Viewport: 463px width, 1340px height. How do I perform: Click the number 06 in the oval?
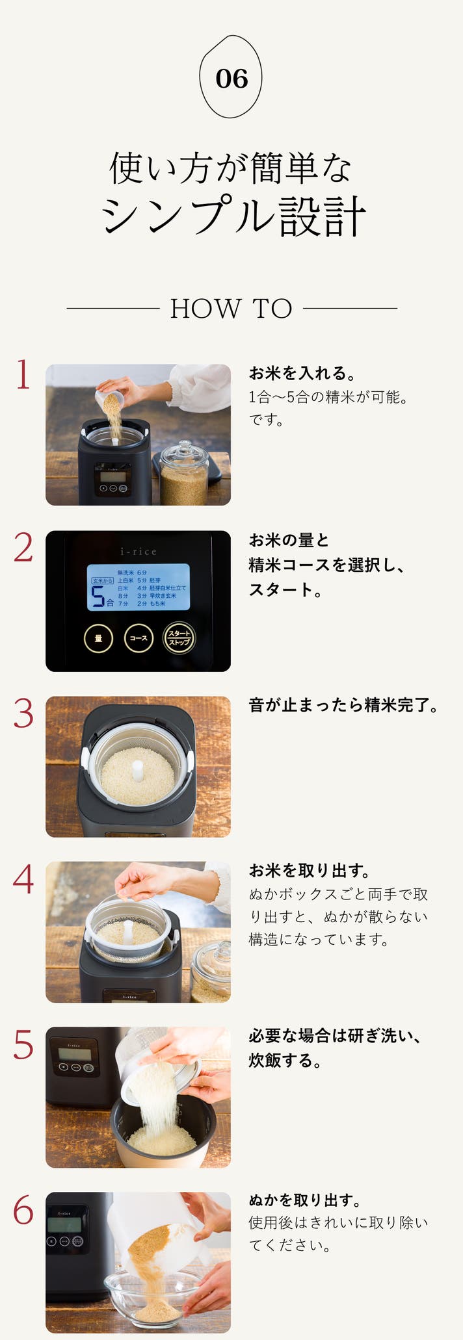click(231, 79)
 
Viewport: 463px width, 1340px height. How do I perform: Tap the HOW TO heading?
click(231, 309)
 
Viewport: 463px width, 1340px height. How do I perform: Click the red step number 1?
click(23, 375)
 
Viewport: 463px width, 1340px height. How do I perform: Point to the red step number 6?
click(23, 1209)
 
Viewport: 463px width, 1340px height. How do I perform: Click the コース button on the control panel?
click(139, 638)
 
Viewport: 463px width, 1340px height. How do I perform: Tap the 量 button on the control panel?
click(99, 638)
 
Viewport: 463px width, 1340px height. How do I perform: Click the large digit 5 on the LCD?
click(98, 596)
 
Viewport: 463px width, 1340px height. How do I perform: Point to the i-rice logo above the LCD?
click(139, 552)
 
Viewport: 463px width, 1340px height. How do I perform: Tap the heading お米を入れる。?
click(302, 373)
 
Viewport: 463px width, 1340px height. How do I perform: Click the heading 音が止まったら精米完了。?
click(344, 705)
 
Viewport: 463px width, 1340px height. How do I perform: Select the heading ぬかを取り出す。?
click(305, 1200)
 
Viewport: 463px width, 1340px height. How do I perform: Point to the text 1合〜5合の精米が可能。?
click(328, 397)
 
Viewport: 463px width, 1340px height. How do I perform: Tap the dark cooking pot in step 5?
click(163, 1131)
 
